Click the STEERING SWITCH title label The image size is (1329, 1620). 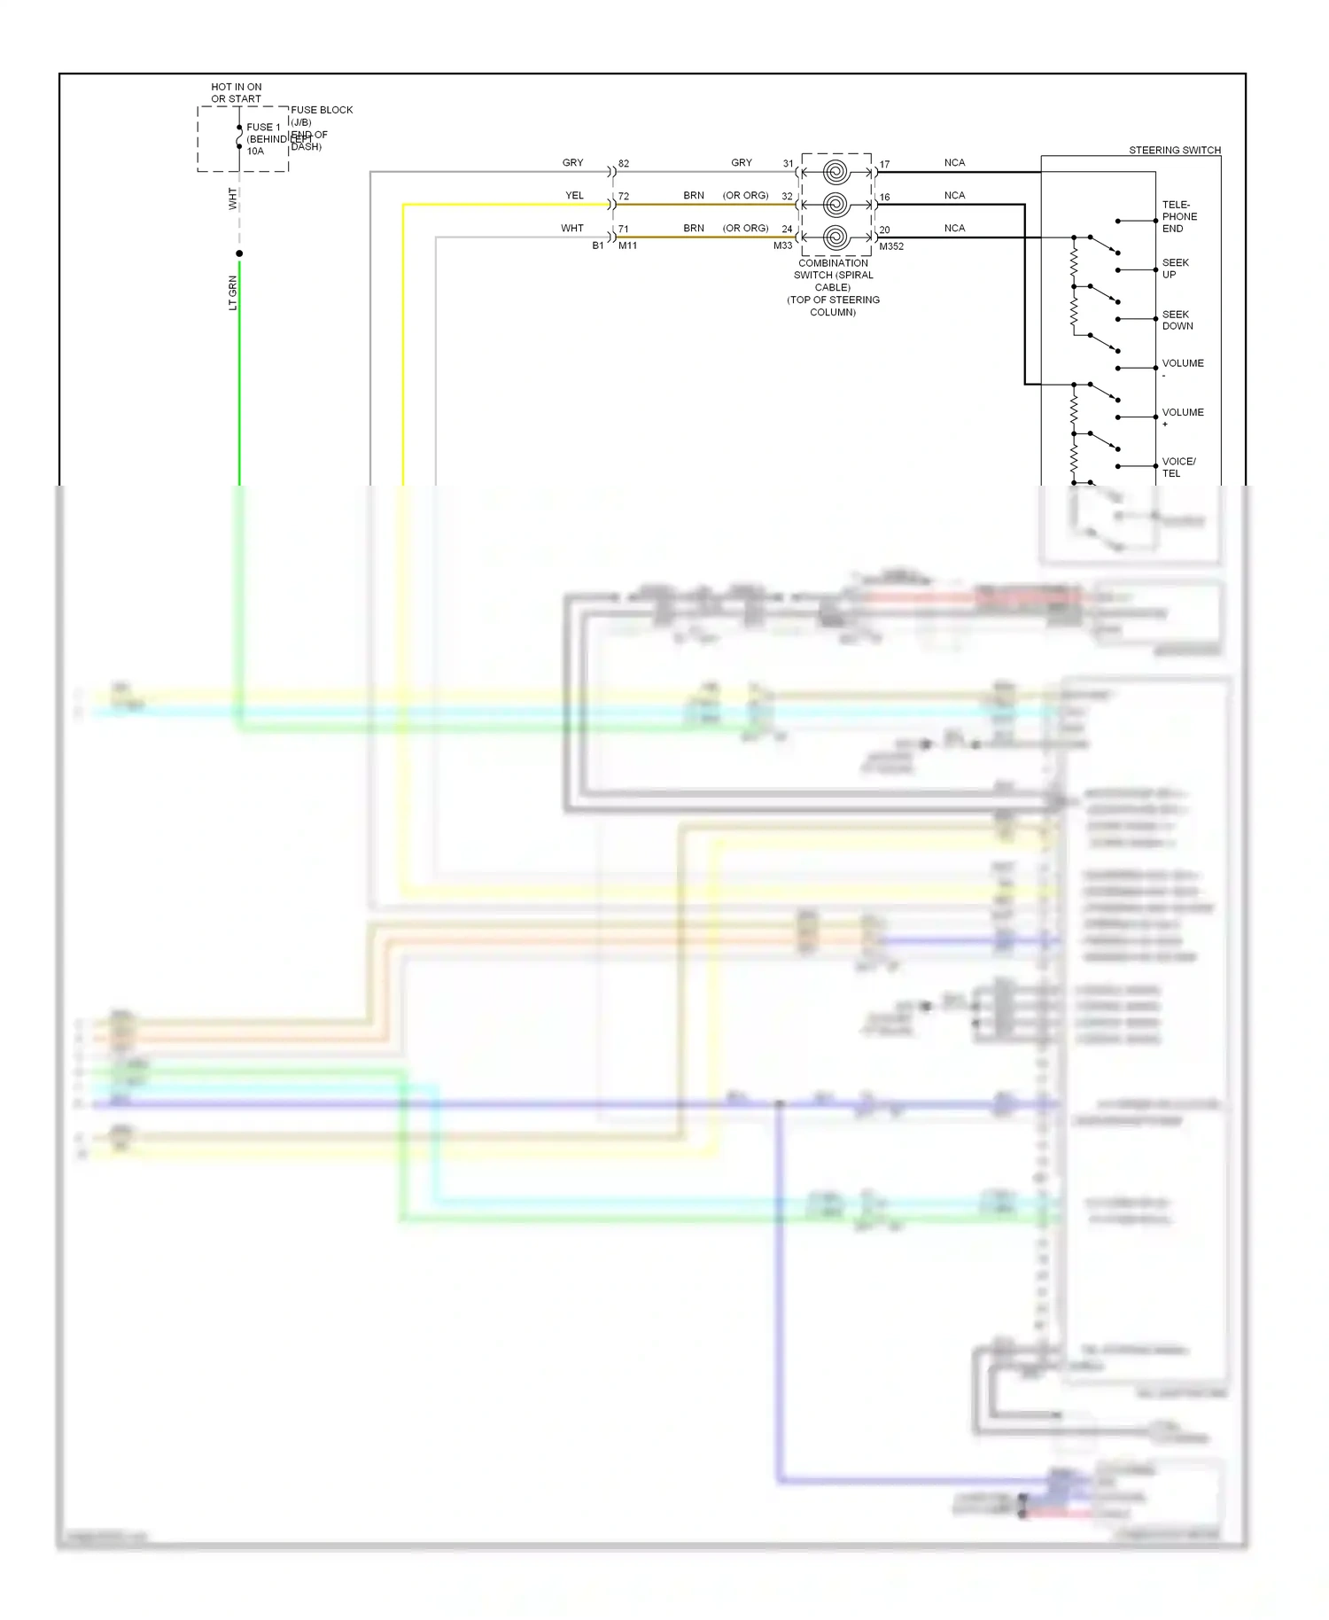1174,151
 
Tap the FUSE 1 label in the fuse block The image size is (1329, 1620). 263,128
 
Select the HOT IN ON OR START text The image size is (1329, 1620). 236,93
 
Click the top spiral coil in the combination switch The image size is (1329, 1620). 835,172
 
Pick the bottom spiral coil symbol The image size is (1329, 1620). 835,238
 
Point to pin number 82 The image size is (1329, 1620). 624,164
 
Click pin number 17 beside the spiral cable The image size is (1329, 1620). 884,165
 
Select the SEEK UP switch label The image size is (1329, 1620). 1175,269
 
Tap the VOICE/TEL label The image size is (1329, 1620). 1178,467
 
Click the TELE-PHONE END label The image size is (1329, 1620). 1178,216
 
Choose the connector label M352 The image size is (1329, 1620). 891,246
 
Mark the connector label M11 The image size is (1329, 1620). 627,245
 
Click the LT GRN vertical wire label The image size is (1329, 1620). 233,292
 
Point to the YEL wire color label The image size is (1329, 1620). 574,196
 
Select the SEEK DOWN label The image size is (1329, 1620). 1177,320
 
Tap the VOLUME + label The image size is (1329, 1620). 1182,417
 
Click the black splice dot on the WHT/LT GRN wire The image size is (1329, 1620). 239,253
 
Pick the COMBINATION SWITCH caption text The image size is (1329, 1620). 833,287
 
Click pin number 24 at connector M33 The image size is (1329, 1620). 787,230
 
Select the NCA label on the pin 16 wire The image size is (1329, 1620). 954,196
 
